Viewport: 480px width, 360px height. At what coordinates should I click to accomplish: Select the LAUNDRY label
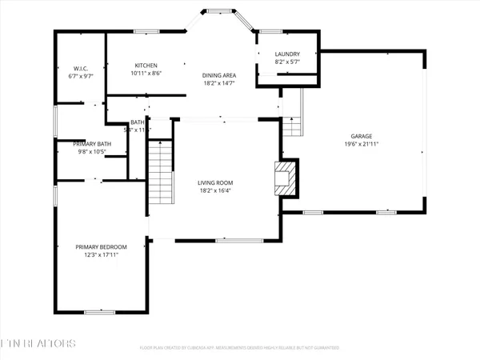coord(287,54)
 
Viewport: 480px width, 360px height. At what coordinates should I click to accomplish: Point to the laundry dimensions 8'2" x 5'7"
coord(287,62)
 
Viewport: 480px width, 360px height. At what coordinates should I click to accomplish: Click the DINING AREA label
coord(218,74)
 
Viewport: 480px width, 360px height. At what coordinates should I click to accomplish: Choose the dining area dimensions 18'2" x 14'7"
coord(218,82)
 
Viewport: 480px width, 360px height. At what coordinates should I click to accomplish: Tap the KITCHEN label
coord(146,65)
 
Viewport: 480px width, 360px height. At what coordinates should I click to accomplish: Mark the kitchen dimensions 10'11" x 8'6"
coord(146,74)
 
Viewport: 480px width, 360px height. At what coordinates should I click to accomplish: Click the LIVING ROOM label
coord(221,183)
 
